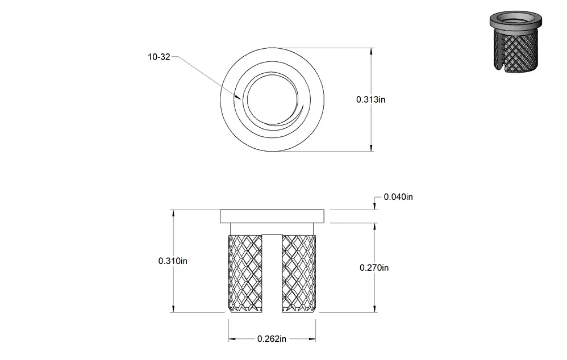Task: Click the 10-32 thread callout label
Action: coord(159,57)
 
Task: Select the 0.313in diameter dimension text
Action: coord(370,99)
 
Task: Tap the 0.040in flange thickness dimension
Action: coord(398,197)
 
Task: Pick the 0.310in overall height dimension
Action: coord(173,261)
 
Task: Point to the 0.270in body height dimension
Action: coord(374,268)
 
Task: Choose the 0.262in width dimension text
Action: coord(272,339)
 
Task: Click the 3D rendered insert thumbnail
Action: coord(516,42)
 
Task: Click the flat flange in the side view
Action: coord(272,216)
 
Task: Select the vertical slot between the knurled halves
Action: coord(272,273)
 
